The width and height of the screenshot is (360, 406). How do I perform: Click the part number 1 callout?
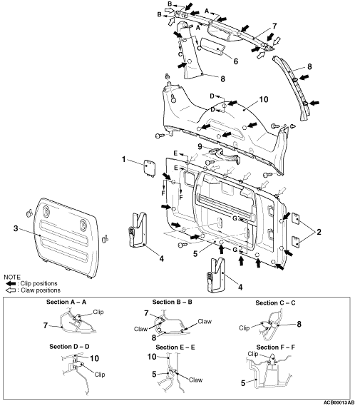[123, 159]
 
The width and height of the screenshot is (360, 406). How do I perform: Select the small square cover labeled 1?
[150, 168]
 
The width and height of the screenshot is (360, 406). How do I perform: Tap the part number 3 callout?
[16, 228]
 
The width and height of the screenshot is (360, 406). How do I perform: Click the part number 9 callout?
[200, 147]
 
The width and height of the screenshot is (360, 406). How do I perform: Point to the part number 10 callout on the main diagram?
[264, 99]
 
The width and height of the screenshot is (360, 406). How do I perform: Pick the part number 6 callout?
[235, 61]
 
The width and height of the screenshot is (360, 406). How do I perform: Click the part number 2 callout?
[319, 232]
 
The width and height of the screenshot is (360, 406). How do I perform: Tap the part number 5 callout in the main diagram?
[195, 253]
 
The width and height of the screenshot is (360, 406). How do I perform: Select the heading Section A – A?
[66, 302]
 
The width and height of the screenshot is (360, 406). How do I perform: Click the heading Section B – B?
[173, 302]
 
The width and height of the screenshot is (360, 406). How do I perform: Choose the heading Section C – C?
[275, 303]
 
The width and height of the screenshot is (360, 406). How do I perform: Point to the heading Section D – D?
[69, 347]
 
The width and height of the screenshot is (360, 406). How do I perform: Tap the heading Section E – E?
[175, 347]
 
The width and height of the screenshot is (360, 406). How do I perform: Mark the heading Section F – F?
[276, 347]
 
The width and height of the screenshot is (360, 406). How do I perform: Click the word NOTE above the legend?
[12, 277]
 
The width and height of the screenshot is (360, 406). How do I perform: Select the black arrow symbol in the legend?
[11, 283]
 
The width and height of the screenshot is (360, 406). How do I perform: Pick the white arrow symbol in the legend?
[11, 290]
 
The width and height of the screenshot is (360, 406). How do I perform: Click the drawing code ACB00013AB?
[339, 402]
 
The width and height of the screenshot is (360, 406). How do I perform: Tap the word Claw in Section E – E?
[195, 380]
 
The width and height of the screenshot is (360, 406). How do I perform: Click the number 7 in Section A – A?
[46, 325]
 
